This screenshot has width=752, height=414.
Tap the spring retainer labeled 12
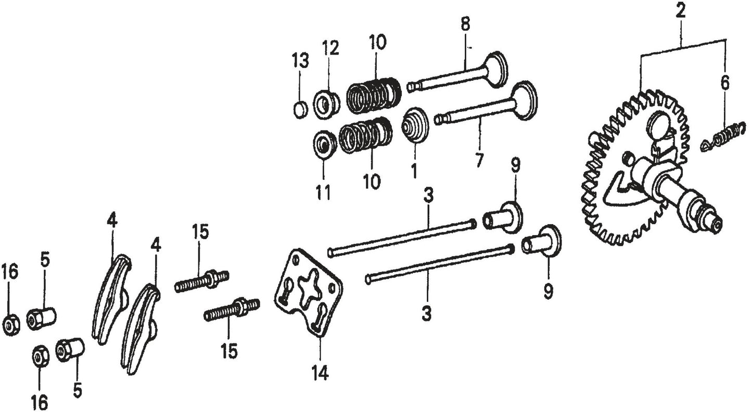(x=326, y=103)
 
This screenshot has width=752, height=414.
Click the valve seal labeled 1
(x=416, y=126)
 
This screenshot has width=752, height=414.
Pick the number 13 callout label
(x=300, y=61)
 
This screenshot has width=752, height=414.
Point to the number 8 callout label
(x=465, y=23)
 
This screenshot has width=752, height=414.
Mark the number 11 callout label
(x=323, y=193)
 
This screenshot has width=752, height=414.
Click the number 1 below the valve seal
(x=415, y=171)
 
